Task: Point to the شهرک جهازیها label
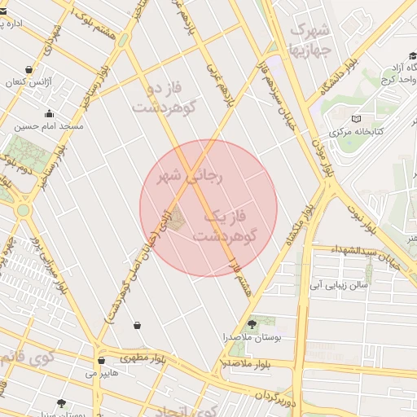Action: tap(309, 37)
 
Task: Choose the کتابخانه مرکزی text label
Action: tap(355, 132)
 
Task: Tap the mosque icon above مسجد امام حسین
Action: tap(49, 114)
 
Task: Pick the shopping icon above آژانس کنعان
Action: tap(29, 70)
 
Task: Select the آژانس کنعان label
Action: tap(29, 82)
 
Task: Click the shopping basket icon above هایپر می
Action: tap(101, 360)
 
